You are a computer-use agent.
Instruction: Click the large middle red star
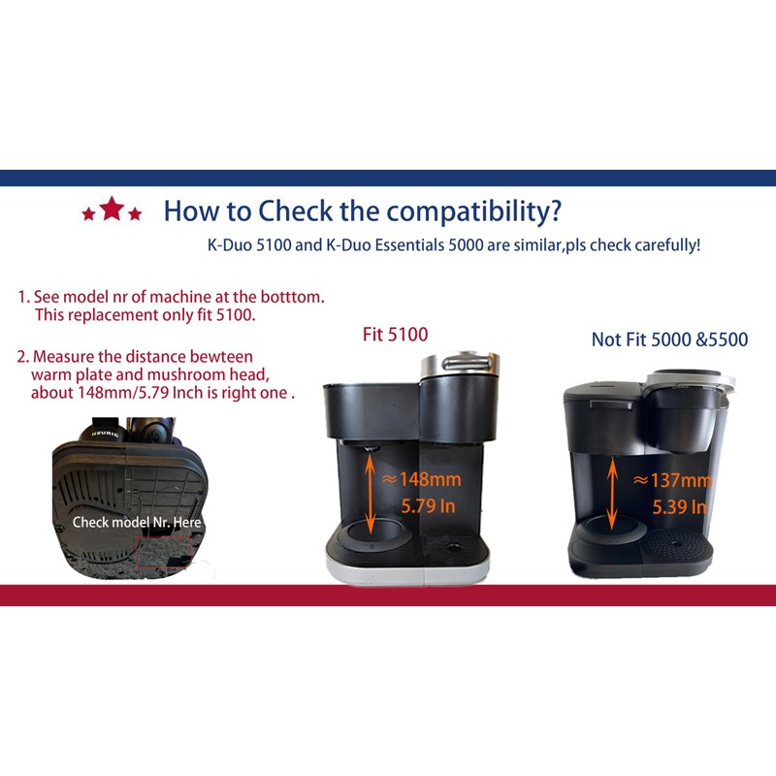click(x=113, y=209)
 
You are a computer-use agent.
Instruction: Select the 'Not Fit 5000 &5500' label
click(x=669, y=339)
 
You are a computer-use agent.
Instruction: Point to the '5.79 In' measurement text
click(x=428, y=505)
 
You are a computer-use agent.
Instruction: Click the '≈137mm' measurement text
click(x=672, y=480)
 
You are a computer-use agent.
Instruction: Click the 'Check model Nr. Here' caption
click(x=137, y=522)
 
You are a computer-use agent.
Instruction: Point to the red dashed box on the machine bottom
click(x=166, y=554)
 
